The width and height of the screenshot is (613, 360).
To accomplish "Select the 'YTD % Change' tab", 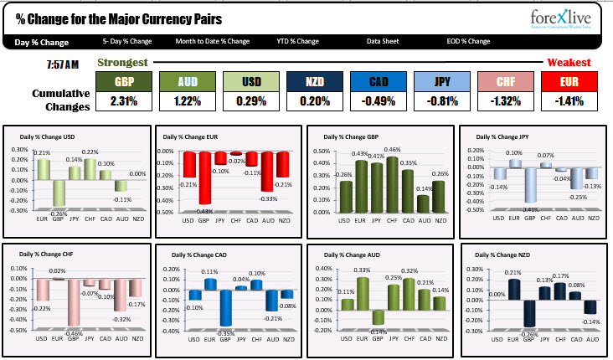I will tap(298, 41).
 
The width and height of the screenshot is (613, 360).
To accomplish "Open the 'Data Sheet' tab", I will tap(383, 41).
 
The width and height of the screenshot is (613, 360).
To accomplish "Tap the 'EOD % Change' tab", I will tap(468, 41).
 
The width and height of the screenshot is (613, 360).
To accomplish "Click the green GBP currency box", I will tap(124, 81).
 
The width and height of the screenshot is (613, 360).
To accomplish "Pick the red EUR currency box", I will tap(569, 81).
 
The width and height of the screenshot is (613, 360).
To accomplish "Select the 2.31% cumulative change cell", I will tap(124, 102).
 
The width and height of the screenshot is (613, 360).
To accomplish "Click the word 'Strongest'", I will tap(123, 63).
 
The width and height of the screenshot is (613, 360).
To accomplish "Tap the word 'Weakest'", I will tap(569, 63).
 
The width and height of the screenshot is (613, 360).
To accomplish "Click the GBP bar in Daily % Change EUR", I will tap(202, 177).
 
